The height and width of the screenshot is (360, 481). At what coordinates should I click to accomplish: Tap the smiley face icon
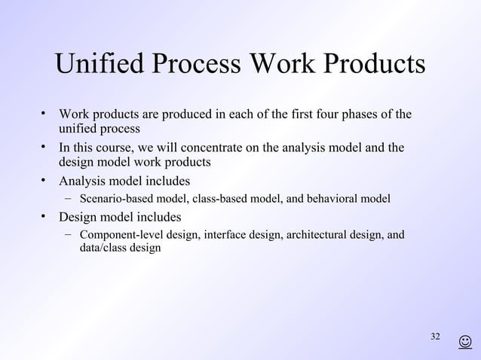465,343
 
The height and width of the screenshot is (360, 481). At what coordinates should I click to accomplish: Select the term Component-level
121,236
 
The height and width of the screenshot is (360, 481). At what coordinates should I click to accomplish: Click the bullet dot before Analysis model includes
44,181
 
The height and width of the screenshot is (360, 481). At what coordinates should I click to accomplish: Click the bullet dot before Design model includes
44,218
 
